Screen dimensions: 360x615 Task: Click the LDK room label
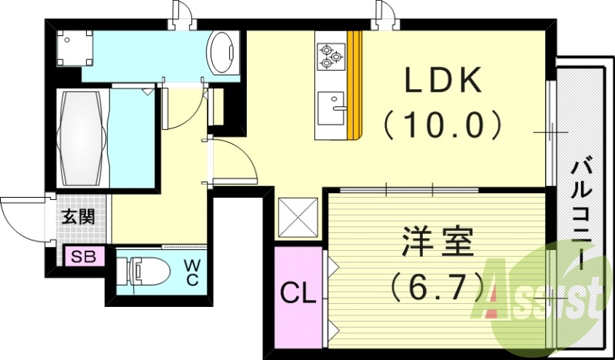point(443,80)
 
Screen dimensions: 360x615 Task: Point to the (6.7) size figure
point(436,287)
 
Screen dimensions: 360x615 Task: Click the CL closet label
point(298,293)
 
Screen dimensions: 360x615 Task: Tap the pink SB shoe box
point(85,257)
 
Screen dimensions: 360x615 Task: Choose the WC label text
point(191,274)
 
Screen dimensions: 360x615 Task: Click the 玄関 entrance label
point(78,217)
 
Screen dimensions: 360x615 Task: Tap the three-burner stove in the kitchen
point(331,55)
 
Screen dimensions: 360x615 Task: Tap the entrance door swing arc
point(19,215)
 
